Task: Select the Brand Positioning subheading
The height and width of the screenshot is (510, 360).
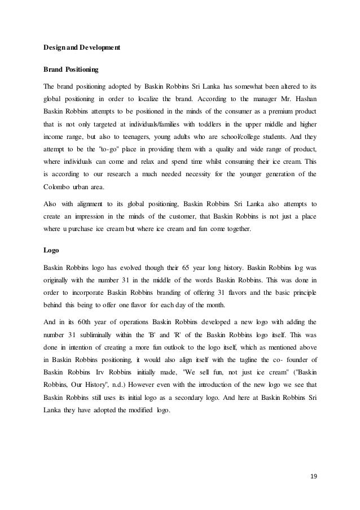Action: (x=71, y=71)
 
